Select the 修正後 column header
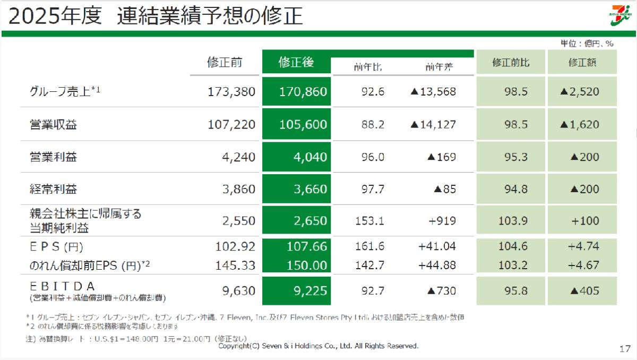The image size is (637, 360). [x=296, y=62]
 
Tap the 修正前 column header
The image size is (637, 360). [x=225, y=62]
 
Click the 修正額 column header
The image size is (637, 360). [x=582, y=63]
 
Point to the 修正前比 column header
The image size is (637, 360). [x=511, y=63]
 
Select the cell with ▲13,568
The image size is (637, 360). [x=433, y=91]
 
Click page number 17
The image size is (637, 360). [x=624, y=349]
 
